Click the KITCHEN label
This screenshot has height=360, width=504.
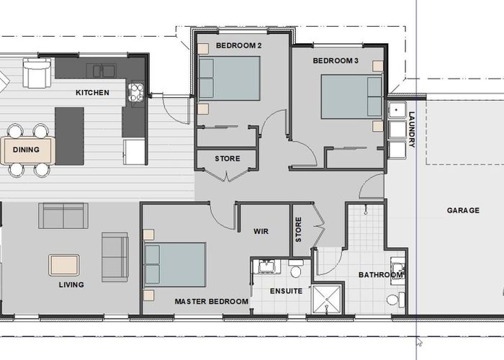pos(92,93)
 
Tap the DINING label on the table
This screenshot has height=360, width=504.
pos(26,150)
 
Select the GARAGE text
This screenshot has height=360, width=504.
pos(463,210)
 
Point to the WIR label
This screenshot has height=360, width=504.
pos(261,231)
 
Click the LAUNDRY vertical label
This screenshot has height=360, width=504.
pos(411,129)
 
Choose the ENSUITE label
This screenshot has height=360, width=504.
pos(286,291)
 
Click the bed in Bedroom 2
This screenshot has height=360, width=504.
pos(229,78)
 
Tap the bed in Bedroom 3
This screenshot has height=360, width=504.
pos(351,96)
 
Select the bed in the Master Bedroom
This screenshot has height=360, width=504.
pos(175,264)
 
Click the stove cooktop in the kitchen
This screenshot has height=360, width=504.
pos(136,92)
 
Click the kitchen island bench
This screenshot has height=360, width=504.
pos(69,136)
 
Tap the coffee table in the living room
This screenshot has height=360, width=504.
pos(64,265)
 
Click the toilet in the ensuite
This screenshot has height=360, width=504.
pos(296,269)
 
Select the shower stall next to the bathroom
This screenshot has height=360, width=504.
pos(327,299)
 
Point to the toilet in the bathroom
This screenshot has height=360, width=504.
pos(396,300)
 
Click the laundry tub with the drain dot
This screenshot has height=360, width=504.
pos(397,110)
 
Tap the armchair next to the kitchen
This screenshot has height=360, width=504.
pos(37,73)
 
